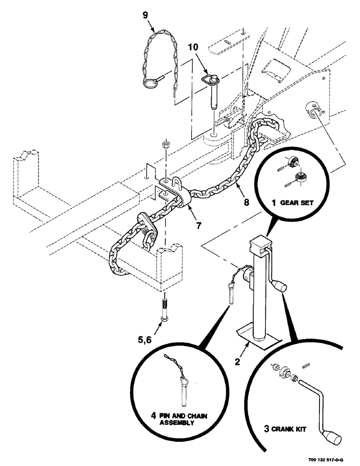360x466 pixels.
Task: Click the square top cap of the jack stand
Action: click(259, 245)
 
